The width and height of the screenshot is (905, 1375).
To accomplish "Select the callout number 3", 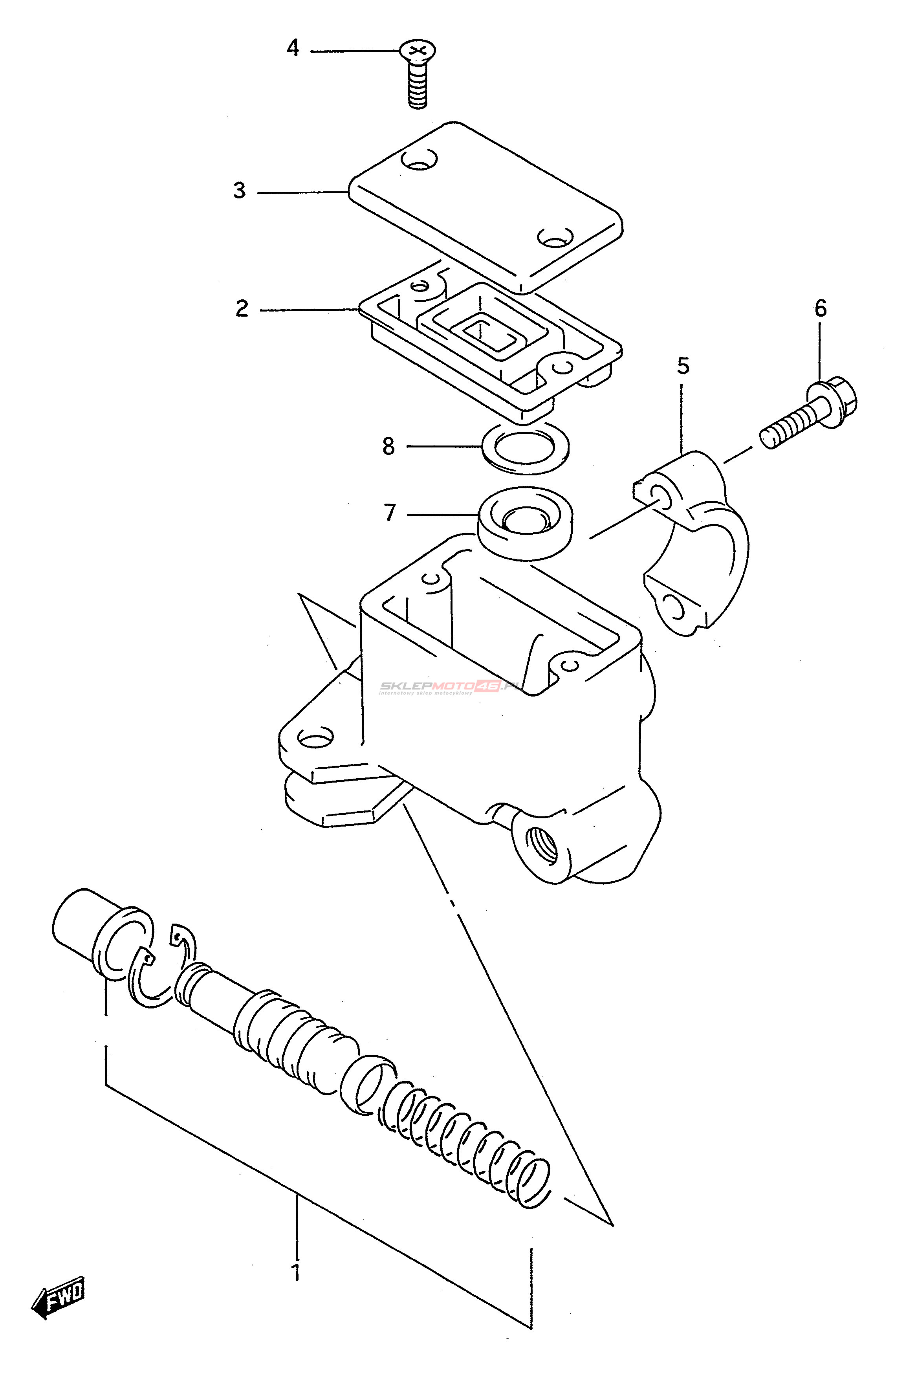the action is coord(239,191).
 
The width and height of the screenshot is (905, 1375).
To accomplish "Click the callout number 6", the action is coord(821,309).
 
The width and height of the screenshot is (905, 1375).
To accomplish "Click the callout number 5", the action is coord(683,366).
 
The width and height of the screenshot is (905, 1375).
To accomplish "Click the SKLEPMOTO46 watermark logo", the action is coord(448,687).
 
